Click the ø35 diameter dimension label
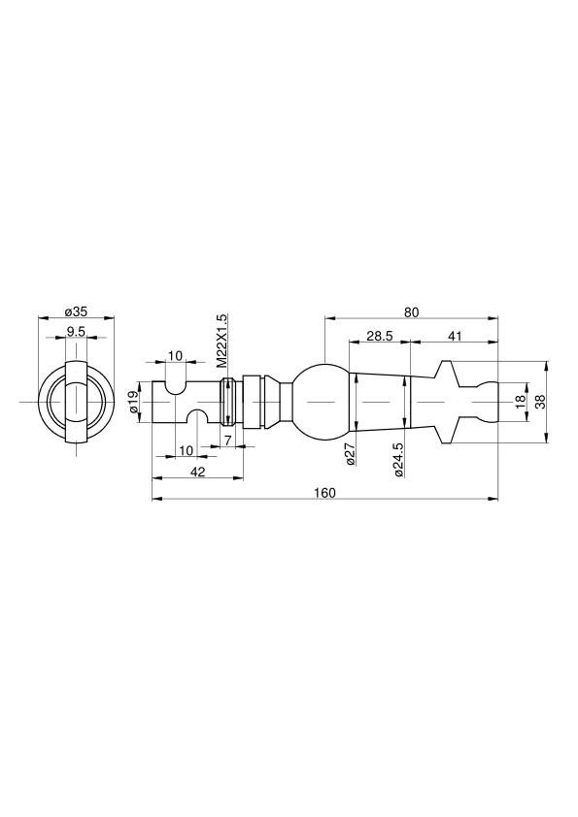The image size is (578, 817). coord(76,312)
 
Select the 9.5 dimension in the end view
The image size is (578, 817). coord(76,332)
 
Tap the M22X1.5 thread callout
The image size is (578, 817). coord(222,341)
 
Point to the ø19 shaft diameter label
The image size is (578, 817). coord(135,402)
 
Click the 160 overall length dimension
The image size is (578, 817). coord(325,493)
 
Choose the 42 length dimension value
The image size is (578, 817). coord(198,472)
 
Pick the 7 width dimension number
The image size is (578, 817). coord(228,441)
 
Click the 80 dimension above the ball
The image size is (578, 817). coord(412,312)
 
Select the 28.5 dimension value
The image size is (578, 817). coord(379,336)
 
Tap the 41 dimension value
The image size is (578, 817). coord(455,336)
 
